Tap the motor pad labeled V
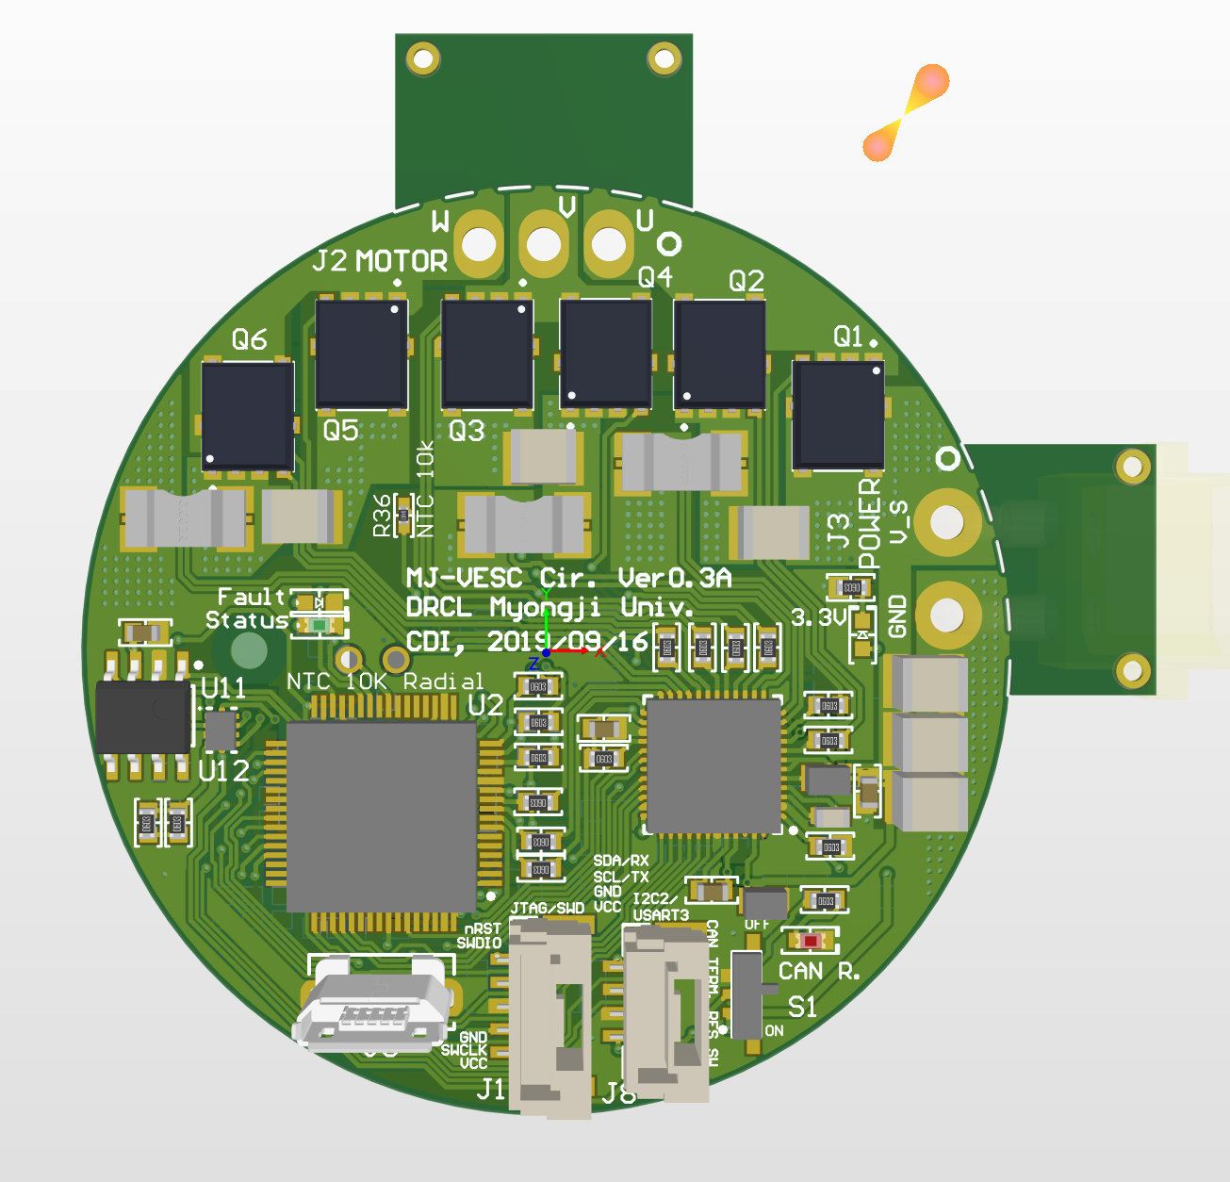click(x=543, y=245)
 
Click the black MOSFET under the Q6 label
click(x=248, y=416)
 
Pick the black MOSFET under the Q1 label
click(x=838, y=415)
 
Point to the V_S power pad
click(x=946, y=522)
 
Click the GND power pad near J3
click(x=946, y=616)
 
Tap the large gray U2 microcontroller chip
click(x=381, y=816)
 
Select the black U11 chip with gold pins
click(x=144, y=717)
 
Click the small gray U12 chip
click(x=221, y=731)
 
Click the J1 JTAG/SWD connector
click(x=550, y=1013)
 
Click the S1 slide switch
click(x=747, y=994)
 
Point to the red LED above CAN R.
click(x=810, y=941)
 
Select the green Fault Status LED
click(x=320, y=624)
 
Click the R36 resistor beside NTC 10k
click(x=403, y=515)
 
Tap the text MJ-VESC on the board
click(x=463, y=578)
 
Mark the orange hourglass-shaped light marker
click(x=906, y=112)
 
